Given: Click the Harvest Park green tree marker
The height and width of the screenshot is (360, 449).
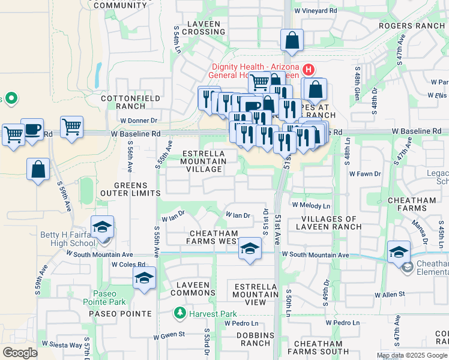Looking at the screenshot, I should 179,313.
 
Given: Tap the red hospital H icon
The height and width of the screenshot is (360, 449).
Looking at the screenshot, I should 309,70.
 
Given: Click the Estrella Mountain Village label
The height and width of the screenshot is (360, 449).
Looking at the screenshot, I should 203,161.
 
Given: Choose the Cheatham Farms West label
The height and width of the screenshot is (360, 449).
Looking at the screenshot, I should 213,237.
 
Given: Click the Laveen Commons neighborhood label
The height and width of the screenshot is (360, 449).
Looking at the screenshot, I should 190,289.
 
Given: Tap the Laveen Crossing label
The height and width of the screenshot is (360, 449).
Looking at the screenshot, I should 197,28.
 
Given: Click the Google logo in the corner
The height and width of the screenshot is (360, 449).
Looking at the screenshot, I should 20,353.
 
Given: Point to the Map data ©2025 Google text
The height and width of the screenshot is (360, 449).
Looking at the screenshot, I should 412,355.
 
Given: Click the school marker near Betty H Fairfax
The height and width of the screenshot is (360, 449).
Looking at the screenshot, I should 103,229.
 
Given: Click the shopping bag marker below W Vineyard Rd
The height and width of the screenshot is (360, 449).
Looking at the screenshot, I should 292,41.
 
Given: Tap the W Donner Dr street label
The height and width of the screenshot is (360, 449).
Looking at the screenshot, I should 138,121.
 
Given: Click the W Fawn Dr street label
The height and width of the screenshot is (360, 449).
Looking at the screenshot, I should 365,174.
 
